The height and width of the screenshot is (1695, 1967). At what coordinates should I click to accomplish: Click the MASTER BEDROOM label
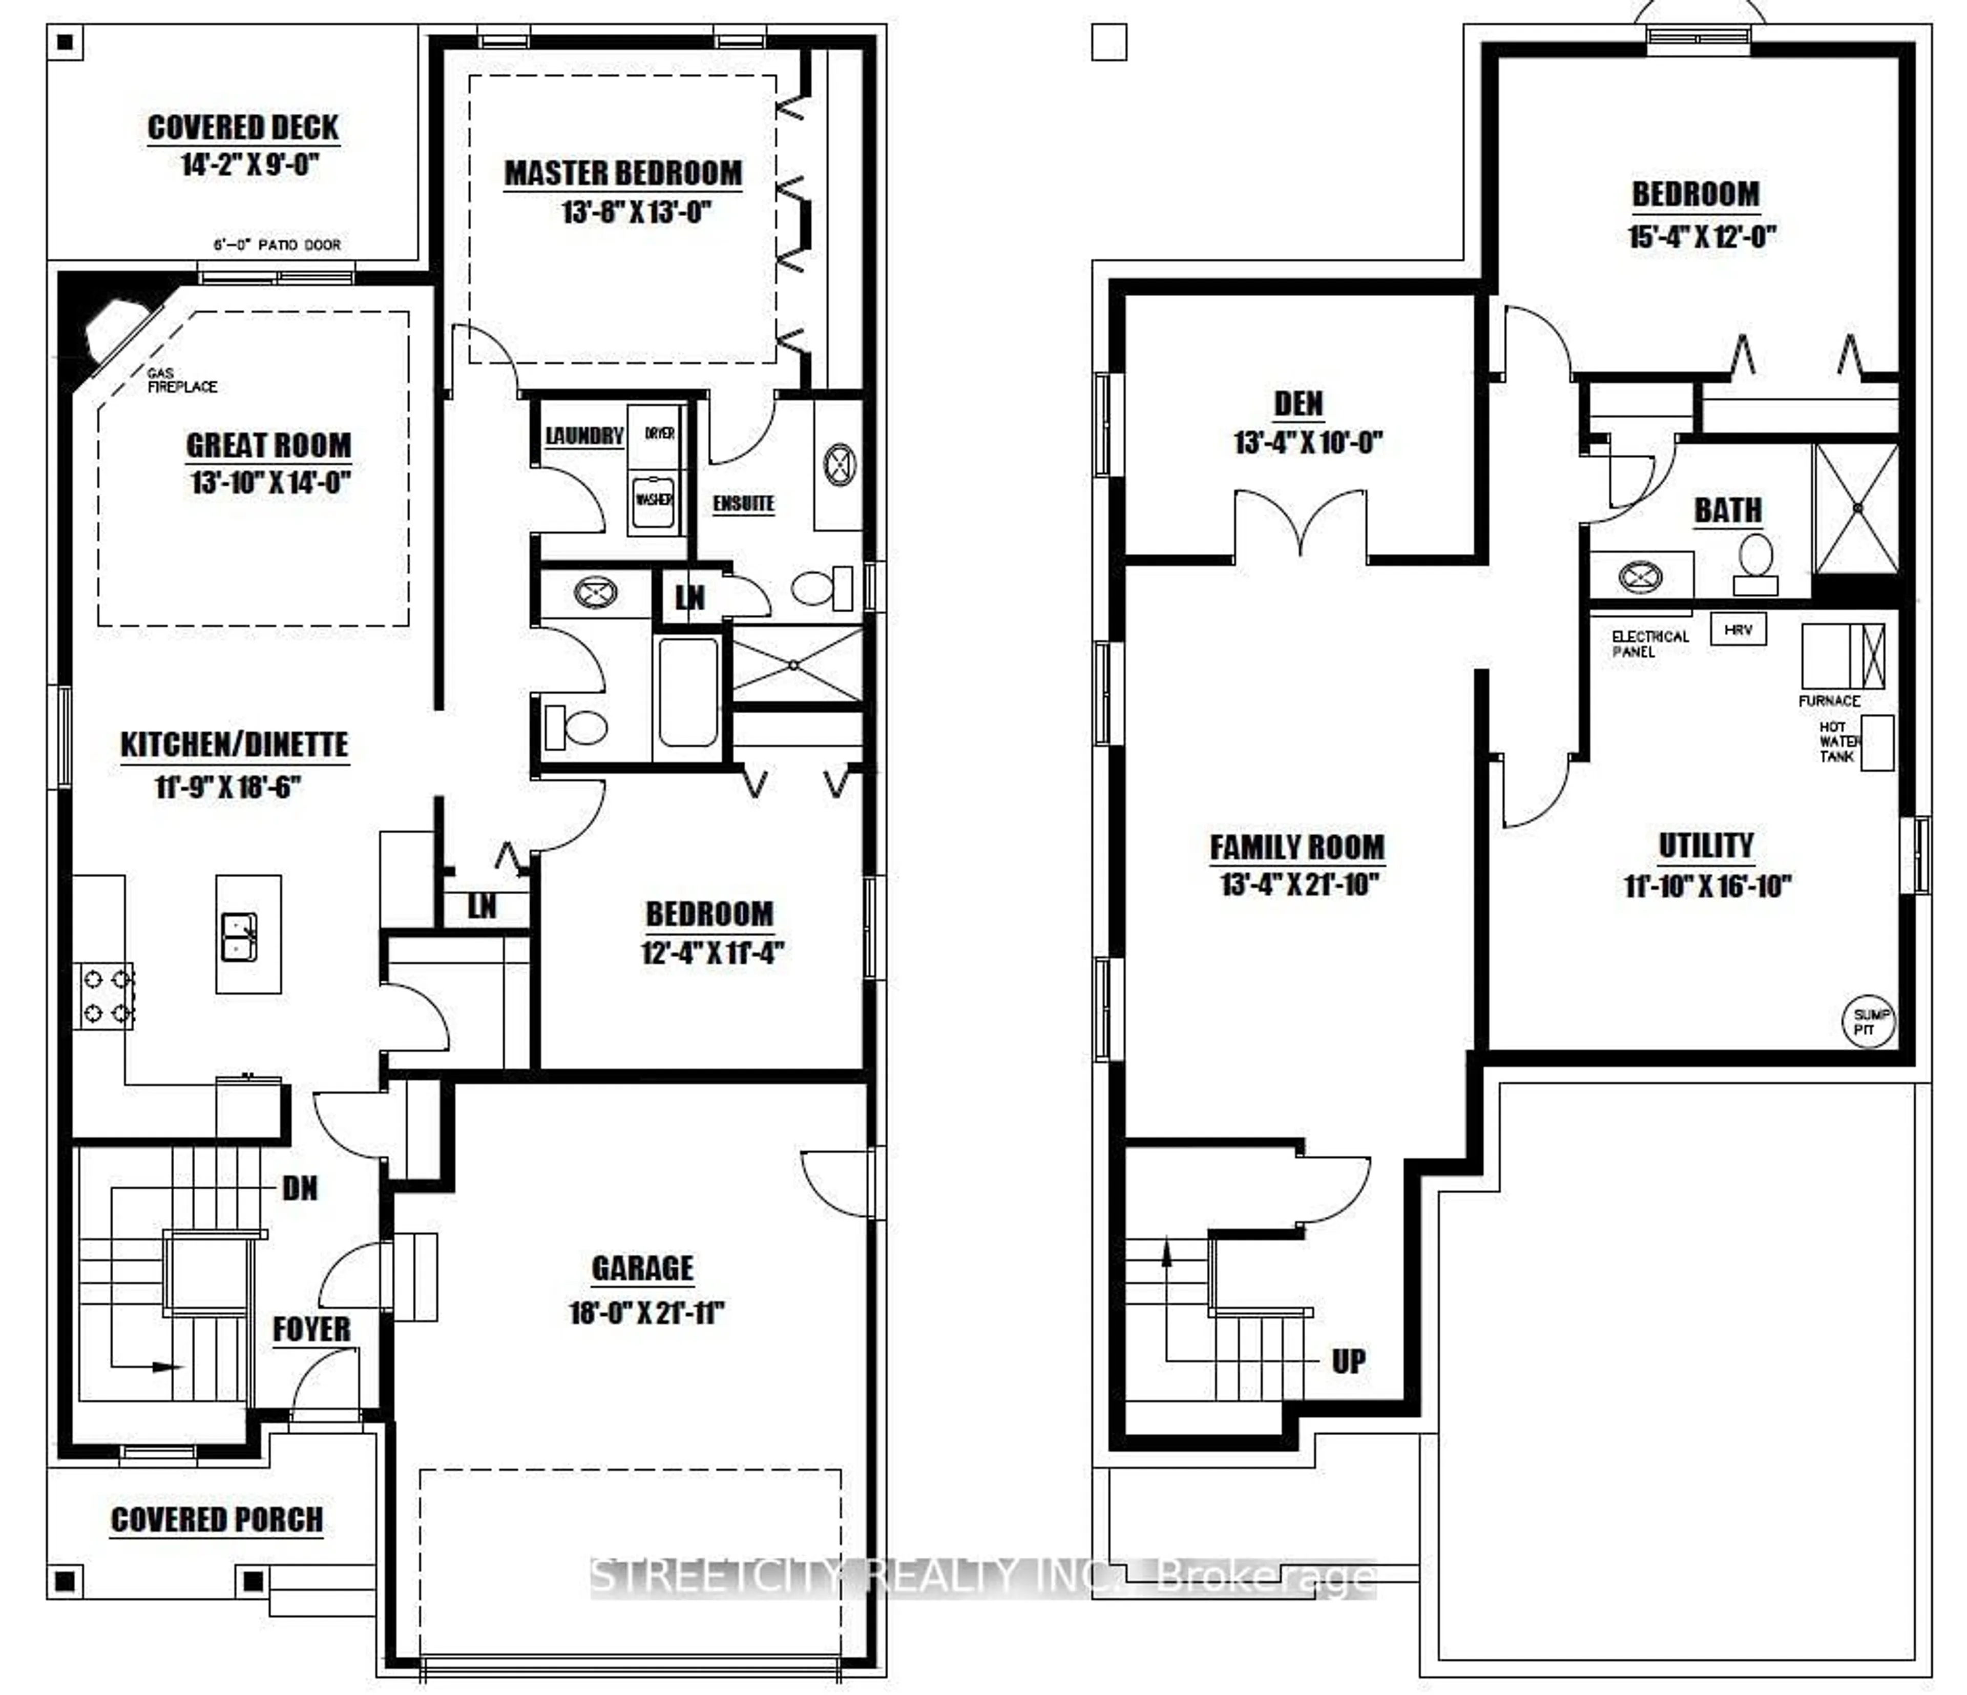[x=623, y=174]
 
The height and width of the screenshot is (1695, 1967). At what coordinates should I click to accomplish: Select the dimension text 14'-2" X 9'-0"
[x=249, y=165]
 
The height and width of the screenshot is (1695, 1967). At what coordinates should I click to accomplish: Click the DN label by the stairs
[x=300, y=1188]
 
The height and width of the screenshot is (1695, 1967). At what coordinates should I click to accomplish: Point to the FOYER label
[x=311, y=1330]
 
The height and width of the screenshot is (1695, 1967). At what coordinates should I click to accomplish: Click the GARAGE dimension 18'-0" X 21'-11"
[x=646, y=1313]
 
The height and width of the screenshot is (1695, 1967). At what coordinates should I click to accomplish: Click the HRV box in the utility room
[x=1738, y=629]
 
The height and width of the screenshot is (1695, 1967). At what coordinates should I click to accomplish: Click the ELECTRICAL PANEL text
[x=1650, y=644]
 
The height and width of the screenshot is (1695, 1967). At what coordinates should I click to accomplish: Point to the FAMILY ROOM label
[x=1297, y=847]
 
